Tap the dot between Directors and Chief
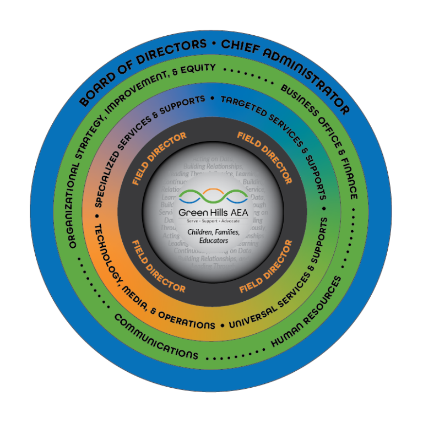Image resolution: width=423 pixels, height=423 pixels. coord(212,43)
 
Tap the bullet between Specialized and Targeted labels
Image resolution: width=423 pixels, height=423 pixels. coord(211,99)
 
